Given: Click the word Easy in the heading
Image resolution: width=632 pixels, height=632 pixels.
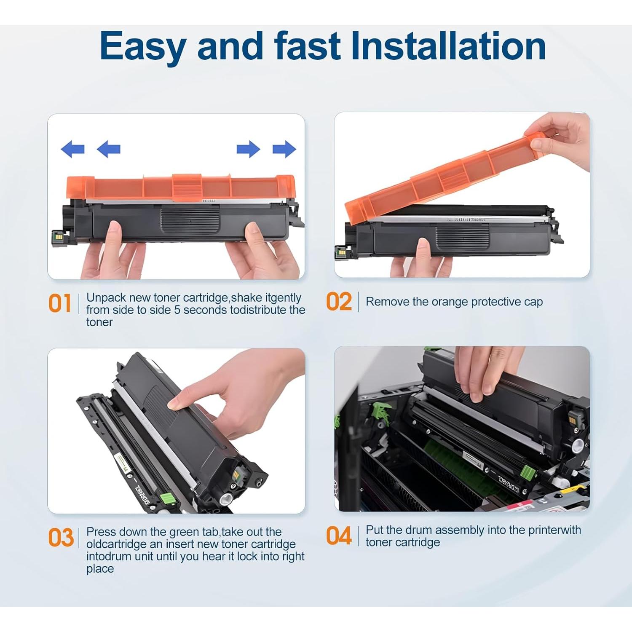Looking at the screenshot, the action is [143, 46].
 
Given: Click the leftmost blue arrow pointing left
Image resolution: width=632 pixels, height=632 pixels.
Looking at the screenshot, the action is [72, 149].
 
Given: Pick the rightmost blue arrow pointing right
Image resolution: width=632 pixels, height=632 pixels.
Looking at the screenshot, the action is [284, 149].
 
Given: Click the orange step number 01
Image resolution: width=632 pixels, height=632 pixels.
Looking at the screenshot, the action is [60, 303].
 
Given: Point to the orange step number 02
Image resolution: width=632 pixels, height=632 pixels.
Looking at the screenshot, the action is [339, 302].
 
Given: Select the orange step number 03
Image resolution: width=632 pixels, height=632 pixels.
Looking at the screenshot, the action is [61, 538].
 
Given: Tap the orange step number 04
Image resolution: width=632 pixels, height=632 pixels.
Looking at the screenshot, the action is [339, 536].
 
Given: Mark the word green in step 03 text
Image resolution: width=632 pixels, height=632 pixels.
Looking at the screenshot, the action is [184, 533].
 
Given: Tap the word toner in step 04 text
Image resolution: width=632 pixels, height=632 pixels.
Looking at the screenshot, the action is [380, 542].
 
